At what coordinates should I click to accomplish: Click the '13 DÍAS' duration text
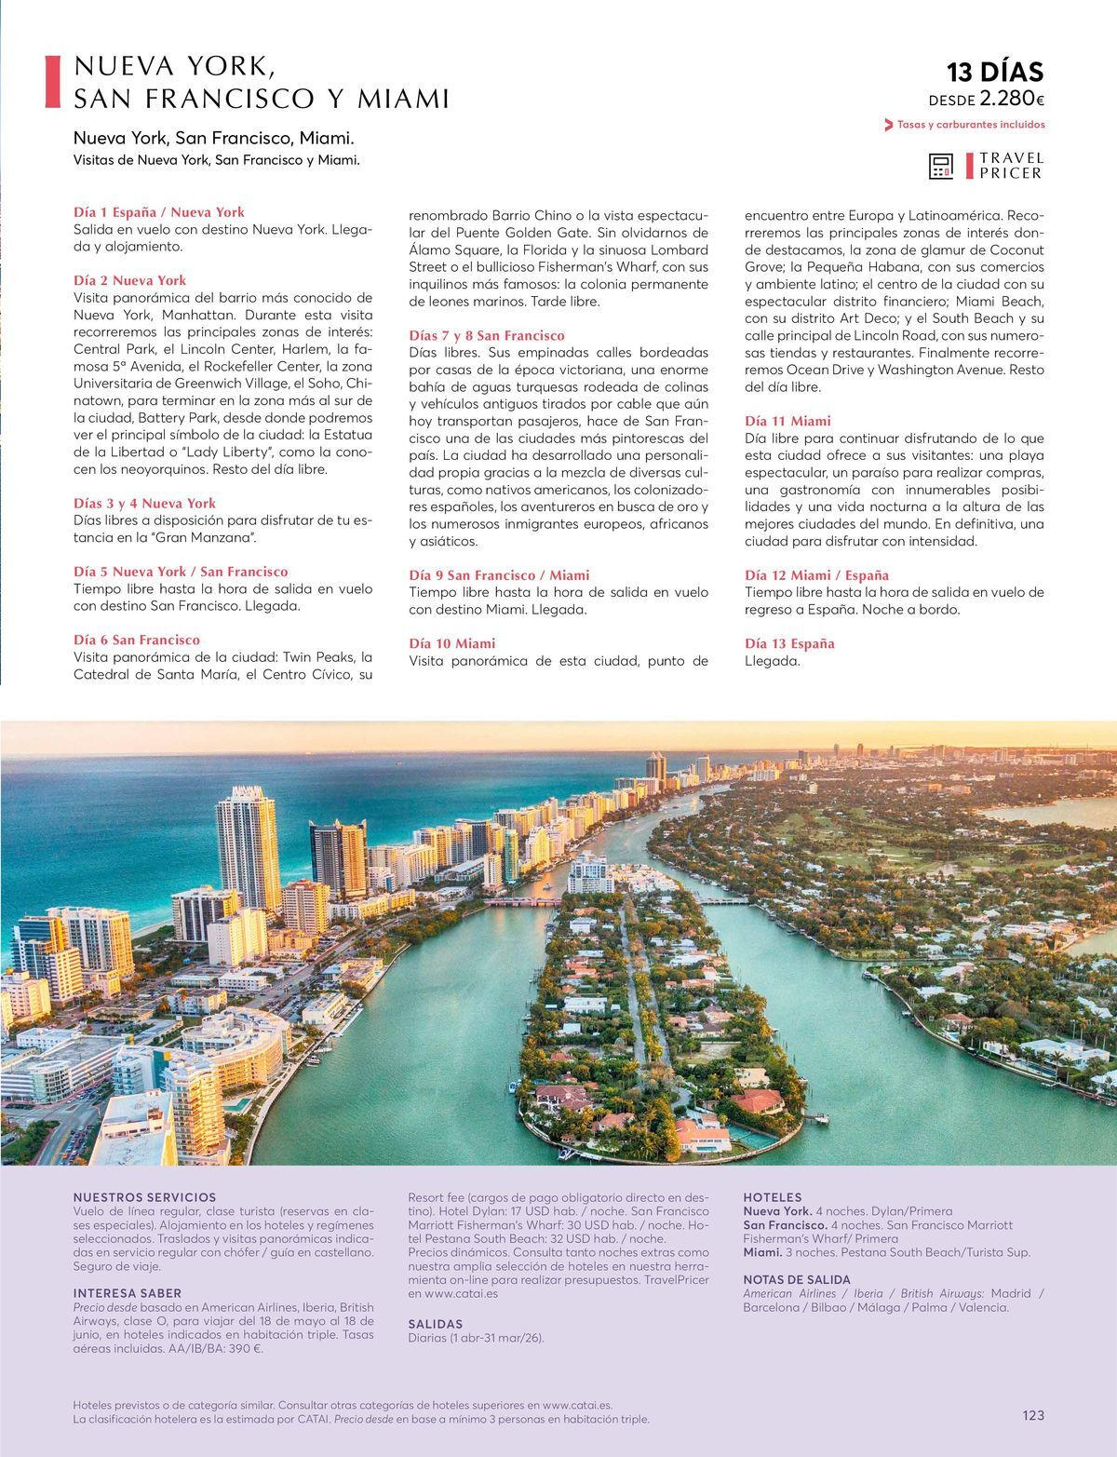click(995, 73)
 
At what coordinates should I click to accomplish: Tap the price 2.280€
click(1012, 100)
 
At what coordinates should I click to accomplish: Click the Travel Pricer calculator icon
click(941, 166)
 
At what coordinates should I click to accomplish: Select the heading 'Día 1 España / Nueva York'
click(158, 212)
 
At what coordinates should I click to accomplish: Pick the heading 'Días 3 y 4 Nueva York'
click(144, 504)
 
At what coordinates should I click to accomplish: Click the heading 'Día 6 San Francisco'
click(136, 641)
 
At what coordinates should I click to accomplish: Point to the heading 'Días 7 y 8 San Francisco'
click(487, 335)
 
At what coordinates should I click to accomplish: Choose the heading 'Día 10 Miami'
click(452, 643)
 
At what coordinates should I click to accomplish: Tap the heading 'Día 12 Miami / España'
click(816, 575)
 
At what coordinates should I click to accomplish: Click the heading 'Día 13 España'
click(789, 643)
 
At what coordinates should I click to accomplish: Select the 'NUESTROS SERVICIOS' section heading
click(144, 1197)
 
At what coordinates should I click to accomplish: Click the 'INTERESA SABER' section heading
click(128, 1293)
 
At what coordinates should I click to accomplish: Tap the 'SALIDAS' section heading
click(436, 1324)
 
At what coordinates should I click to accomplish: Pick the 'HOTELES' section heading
click(772, 1197)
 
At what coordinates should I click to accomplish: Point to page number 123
click(1033, 1415)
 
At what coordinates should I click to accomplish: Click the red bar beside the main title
click(53, 81)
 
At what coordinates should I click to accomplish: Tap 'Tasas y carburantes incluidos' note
click(970, 125)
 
